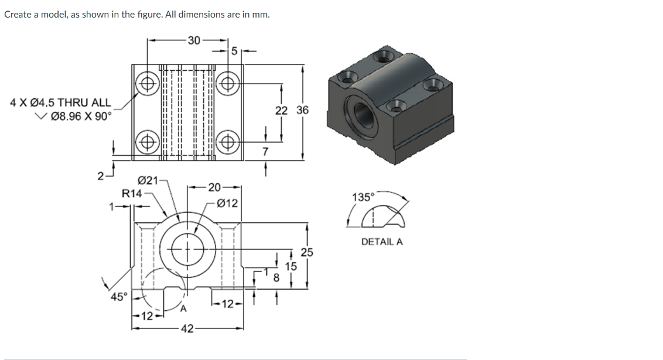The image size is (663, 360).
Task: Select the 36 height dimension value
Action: pos(302,111)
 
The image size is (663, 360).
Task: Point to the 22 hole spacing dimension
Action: pos(281,111)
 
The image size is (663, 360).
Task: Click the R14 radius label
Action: pos(132,193)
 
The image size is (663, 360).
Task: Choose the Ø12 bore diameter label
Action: pos(227,203)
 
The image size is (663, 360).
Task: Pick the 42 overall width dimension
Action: pos(187,328)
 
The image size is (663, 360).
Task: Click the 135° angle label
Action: pos(363,197)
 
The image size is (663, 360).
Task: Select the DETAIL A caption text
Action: pos(382,241)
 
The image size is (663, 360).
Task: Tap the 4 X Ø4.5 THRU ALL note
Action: pos(61,103)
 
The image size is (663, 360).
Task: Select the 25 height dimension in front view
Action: pos(307,253)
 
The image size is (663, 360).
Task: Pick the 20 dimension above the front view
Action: pos(214,187)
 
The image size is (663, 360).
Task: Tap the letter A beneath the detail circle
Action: pos(183,308)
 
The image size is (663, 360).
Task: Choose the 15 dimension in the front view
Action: pos(291,266)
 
